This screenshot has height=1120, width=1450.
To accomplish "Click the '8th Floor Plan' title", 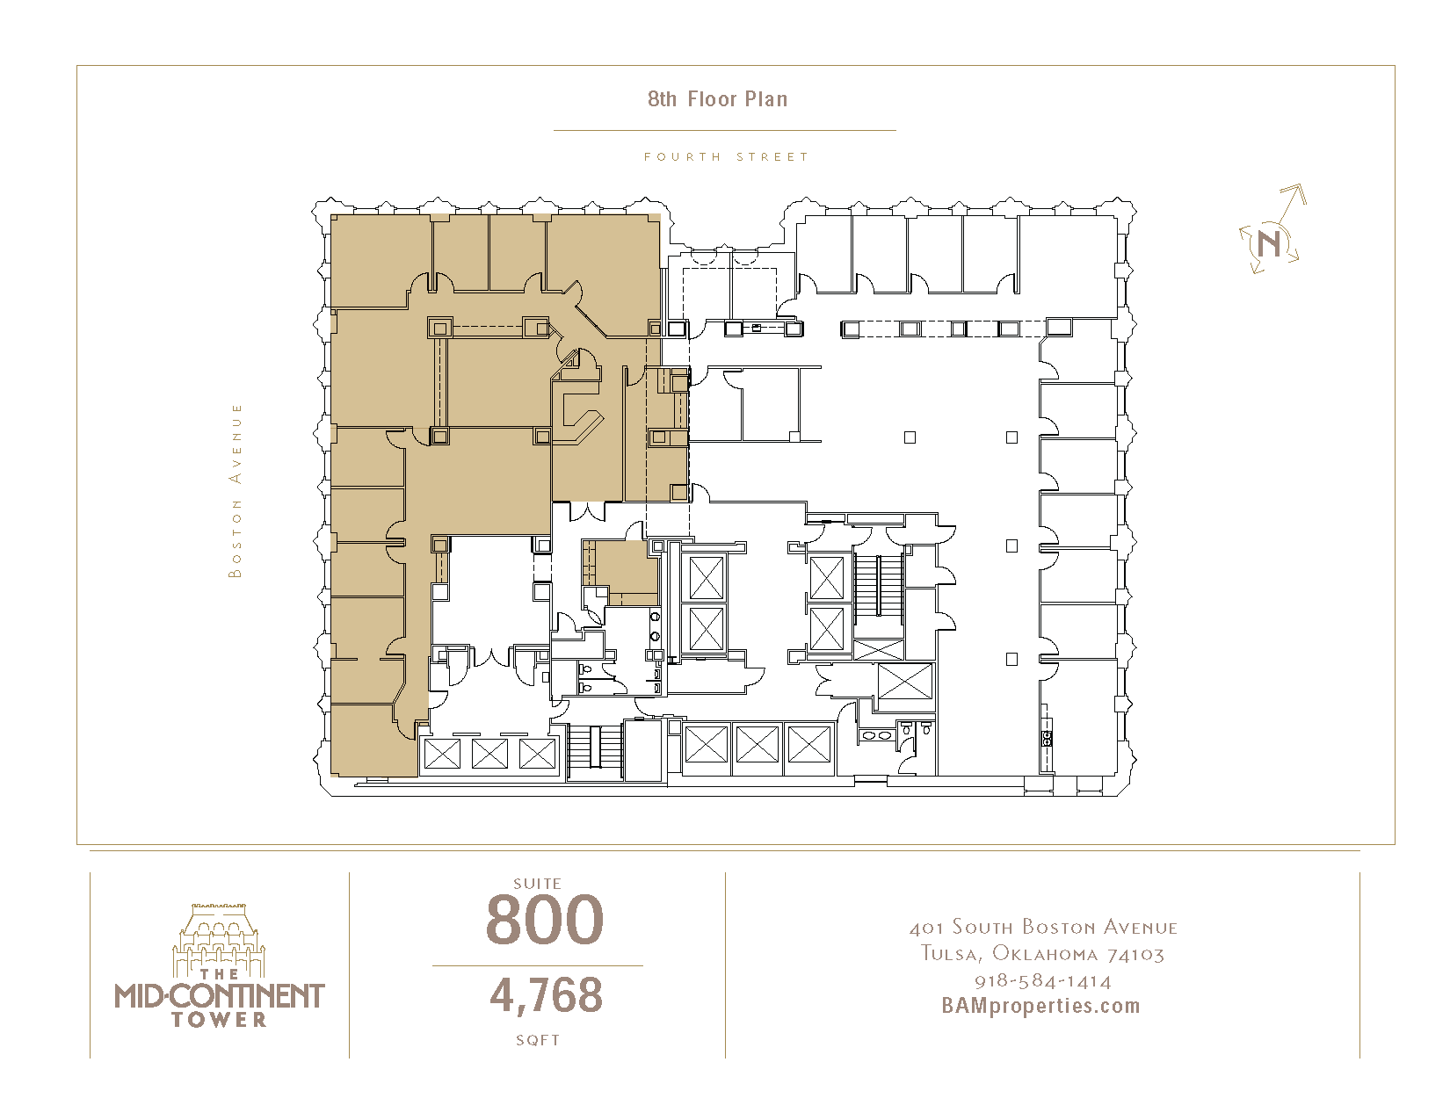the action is point(717,99).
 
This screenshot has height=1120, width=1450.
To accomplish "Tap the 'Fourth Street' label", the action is point(725,156).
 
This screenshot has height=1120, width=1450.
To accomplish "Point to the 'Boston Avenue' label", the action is point(235,490).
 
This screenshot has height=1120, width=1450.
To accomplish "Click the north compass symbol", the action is point(1272,231).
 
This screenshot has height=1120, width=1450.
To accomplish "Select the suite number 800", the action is point(545,920).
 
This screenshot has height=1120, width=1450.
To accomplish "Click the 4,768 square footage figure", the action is point(546,995).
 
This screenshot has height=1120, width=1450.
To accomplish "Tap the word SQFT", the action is point(538,1040).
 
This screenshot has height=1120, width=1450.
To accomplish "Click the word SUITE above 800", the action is point(537,884).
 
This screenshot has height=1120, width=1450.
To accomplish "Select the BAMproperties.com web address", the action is point(1040,1006).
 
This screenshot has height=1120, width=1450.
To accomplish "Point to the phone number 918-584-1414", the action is point(1043,981).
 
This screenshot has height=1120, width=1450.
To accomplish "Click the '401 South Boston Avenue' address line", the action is point(1043,928).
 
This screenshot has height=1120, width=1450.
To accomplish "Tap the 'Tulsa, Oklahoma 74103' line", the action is point(1043,954).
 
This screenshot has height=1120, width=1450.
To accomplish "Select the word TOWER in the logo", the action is point(220,1020).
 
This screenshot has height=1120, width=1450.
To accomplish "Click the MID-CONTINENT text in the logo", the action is point(220,996).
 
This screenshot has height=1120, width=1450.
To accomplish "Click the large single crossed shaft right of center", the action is point(905,681).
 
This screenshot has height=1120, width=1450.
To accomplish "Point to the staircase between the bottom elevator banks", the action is point(595,750).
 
